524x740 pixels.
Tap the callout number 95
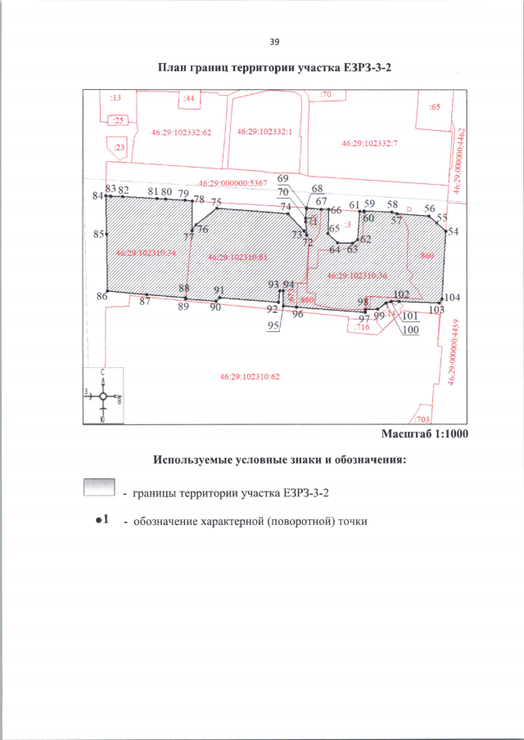273,325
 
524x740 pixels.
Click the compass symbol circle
103,397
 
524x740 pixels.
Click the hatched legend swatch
98,487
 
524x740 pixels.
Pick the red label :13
115,97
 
